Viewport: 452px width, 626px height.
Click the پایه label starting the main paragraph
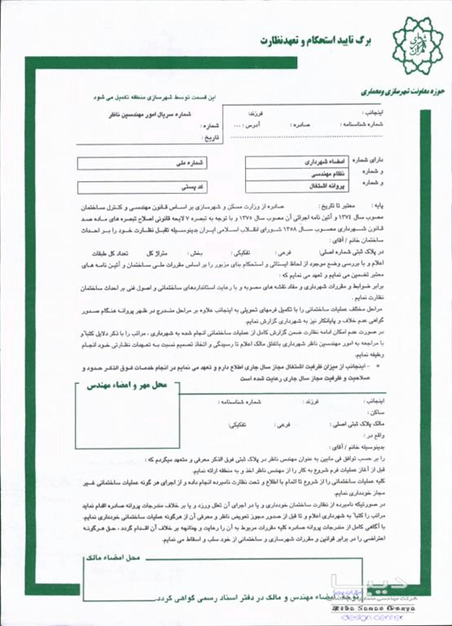click(x=382, y=208)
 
